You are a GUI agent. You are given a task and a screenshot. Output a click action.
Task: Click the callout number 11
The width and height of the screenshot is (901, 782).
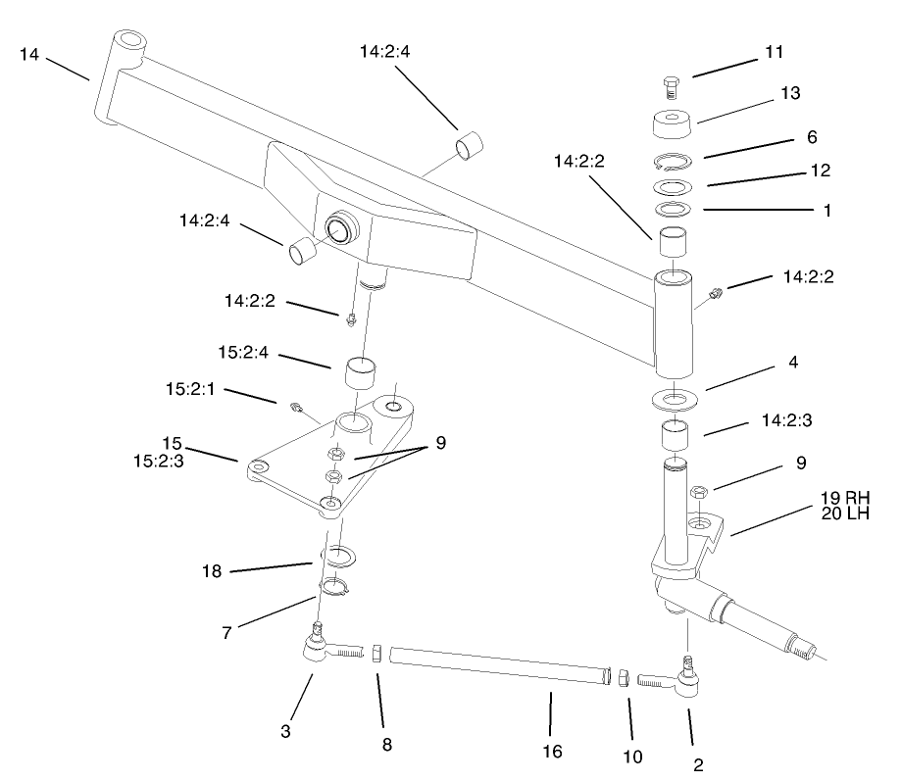click(x=774, y=50)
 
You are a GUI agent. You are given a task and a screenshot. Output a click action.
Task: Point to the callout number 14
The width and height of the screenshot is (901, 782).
click(x=29, y=55)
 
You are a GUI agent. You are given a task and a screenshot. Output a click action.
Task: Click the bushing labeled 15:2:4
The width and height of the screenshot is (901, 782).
click(x=361, y=373)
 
